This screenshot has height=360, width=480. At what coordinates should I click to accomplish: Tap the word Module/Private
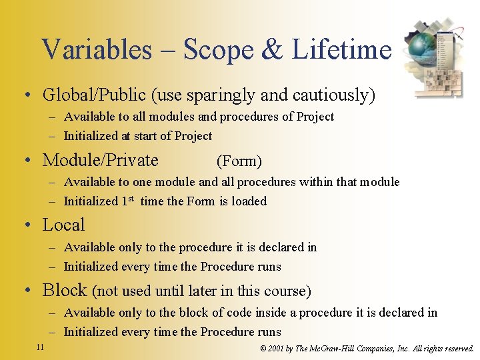pos(101,161)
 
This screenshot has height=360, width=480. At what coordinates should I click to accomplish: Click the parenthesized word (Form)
pos(239,161)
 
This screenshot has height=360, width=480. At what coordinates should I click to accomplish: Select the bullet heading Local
pos(64,225)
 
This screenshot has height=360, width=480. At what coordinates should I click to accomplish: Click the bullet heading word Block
pos(65,290)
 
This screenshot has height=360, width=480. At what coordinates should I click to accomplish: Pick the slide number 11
pos(40,347)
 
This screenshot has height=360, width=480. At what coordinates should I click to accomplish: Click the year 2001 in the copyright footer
pos(275,349)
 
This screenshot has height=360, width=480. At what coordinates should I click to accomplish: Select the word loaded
pos(249,201)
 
